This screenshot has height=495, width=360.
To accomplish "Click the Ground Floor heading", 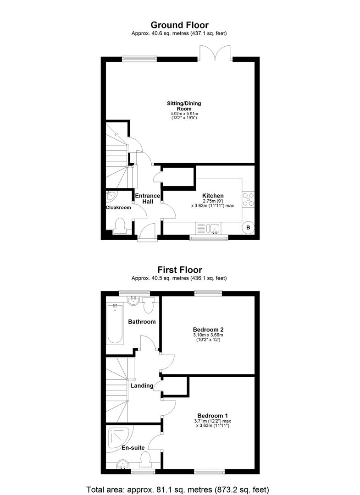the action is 179,25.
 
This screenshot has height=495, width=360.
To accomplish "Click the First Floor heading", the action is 180,270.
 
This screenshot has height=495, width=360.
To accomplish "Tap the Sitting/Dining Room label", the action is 184,106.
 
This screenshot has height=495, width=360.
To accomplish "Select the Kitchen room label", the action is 213,196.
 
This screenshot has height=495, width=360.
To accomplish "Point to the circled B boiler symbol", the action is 248,228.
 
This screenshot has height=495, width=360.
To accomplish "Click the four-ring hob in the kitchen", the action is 248,199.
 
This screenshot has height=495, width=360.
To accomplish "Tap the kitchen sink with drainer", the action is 208,228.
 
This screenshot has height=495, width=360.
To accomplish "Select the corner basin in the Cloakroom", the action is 111,196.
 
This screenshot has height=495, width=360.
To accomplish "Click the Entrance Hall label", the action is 148,198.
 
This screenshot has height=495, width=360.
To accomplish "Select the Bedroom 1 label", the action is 212,416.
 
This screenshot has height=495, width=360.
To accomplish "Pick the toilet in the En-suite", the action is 145,459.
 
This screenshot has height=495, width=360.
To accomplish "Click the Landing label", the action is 142,385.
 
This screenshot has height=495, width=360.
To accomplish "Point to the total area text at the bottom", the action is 178,489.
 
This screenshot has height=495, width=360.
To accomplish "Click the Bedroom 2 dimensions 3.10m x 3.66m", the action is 208,335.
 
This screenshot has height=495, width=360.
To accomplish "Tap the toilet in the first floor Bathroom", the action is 148,305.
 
